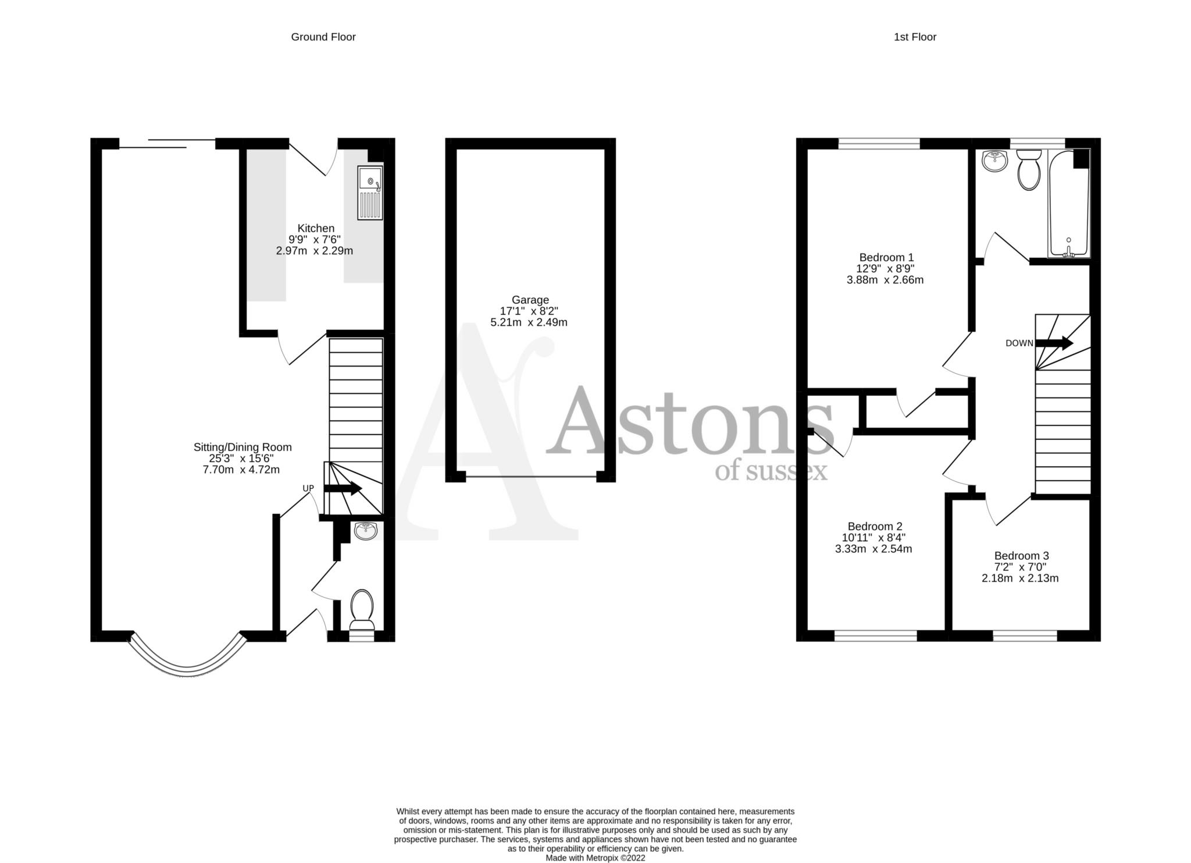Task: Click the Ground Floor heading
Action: (323, 37)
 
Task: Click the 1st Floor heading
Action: (914, 37)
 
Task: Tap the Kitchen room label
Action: (316, 228)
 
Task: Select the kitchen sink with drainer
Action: (370, 193)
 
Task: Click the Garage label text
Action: (530, 300)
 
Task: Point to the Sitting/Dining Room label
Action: (243, 447)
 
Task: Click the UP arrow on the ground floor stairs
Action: (343, 489)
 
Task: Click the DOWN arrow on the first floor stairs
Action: (1054, 343)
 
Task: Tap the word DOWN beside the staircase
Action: (1019, 343)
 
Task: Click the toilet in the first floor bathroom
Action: (1029, 169)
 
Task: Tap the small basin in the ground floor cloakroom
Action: (366, 530)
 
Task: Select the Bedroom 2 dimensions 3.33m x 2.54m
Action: (873, 549)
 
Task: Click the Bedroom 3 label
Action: (1021, 556)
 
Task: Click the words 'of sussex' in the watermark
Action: (771, 471)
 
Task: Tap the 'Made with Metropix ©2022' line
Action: (595, 858)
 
